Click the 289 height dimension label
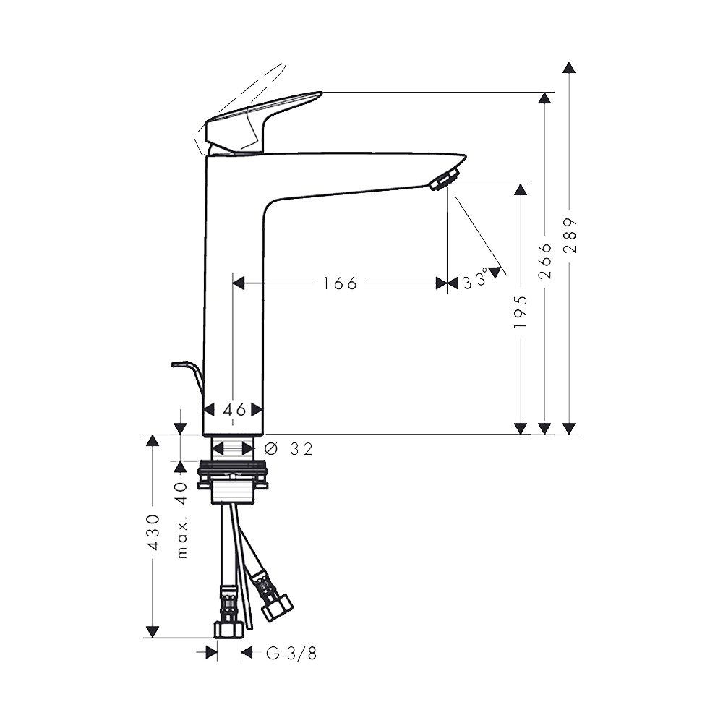[570, 235]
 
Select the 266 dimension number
[545, 261]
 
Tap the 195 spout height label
[521, 312]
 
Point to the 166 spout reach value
[340, 283]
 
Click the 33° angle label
[475, 280]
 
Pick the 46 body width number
[234, 409]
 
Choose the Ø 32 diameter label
[289, 448]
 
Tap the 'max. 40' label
[182, 520]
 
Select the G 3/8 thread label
[291, 654]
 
